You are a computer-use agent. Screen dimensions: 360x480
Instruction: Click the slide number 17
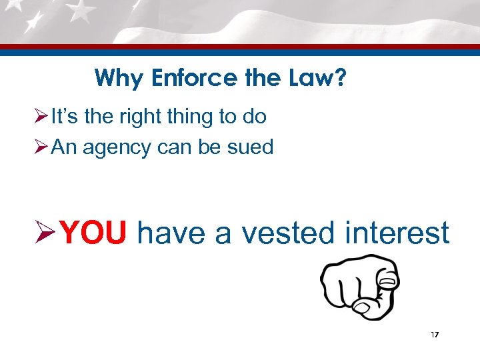(434, 334)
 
